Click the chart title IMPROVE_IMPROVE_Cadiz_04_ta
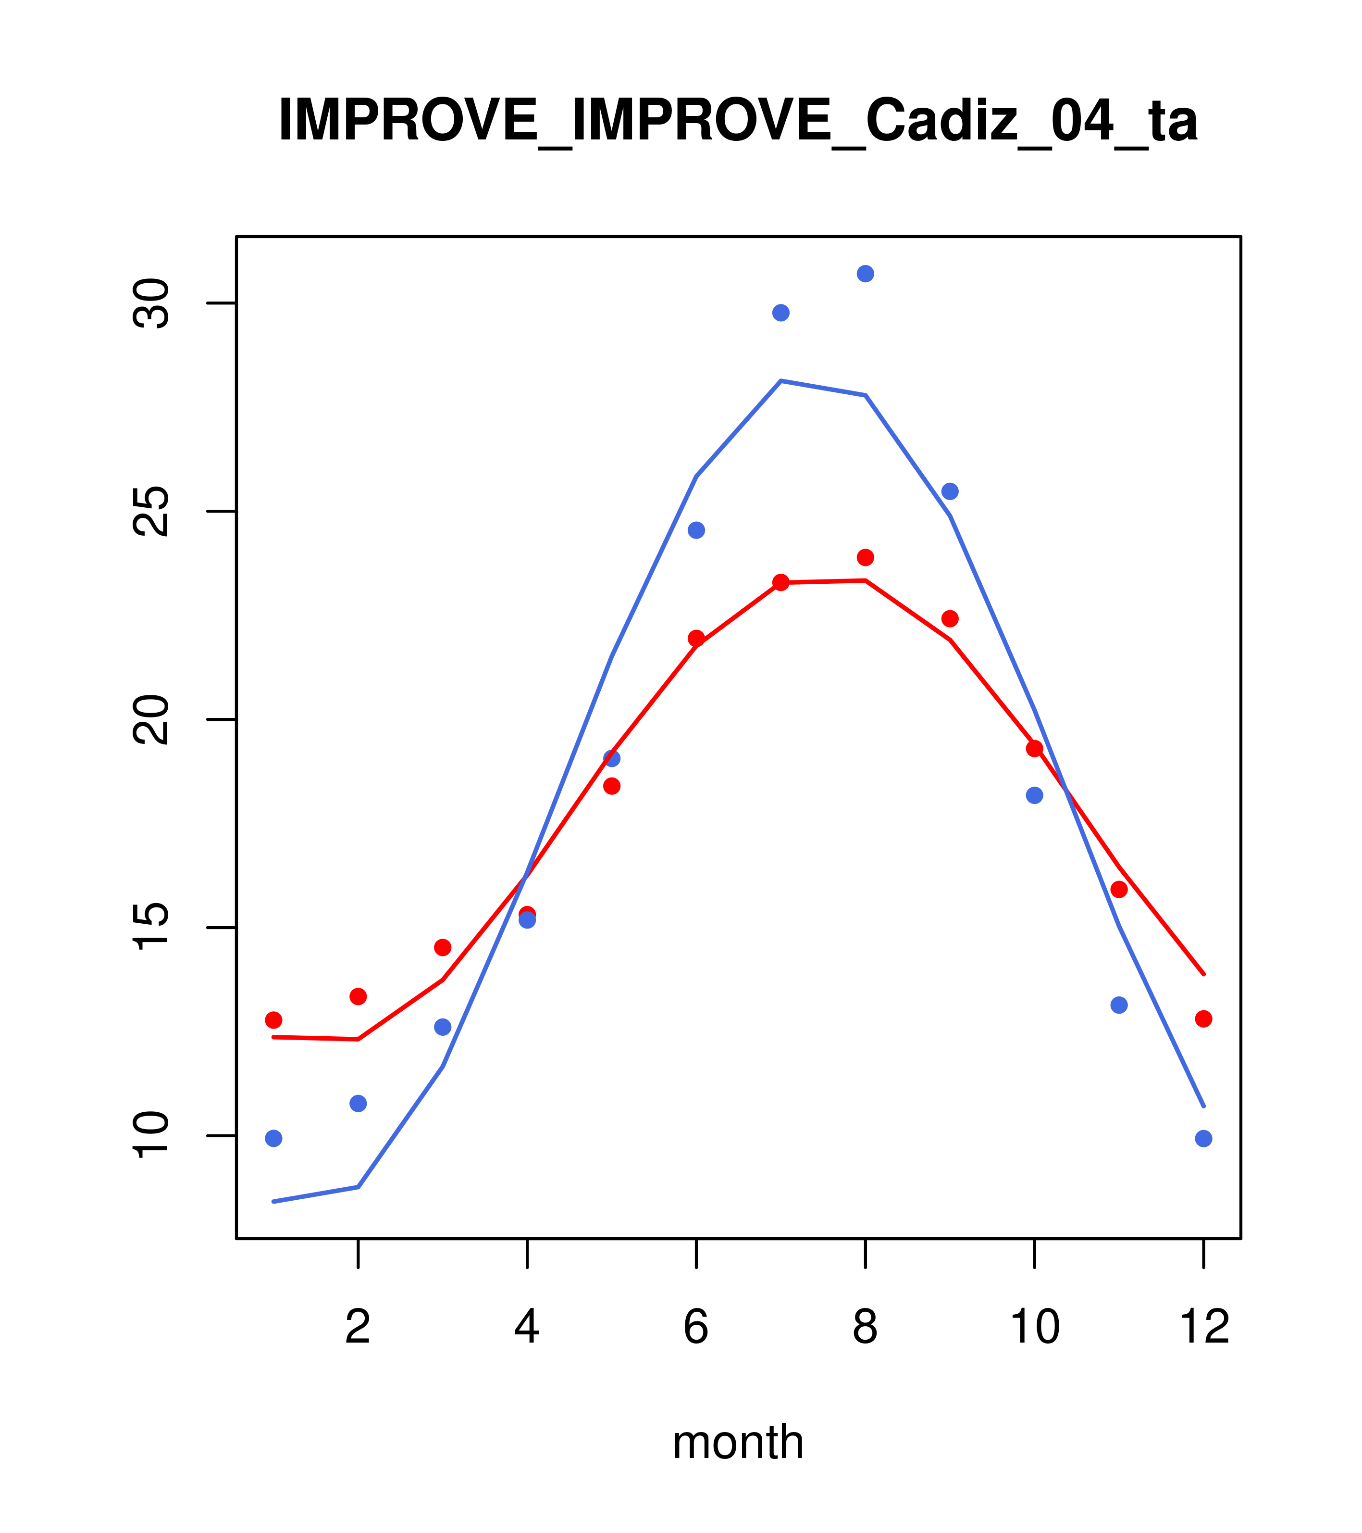click(738, 120)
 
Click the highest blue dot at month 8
click(865, 274)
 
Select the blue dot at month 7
click(781, 313)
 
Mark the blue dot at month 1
click(273, 1139)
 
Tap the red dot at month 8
click(865, 557)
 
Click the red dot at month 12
click(1204, 1018)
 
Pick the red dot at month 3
click(443, 947)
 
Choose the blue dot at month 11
click(1119, 1005)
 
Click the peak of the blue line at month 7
click(781, 381)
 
